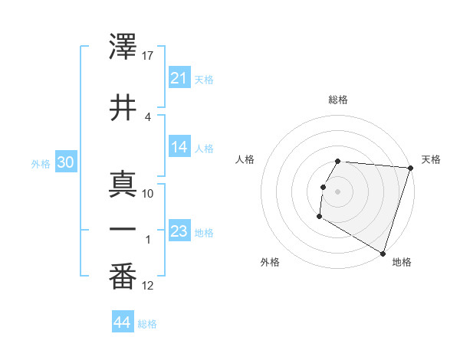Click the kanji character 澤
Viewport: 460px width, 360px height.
tap(123, 48)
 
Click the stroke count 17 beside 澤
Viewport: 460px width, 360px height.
tap(149, 56)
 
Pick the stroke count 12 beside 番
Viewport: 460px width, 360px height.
tap(148, 286)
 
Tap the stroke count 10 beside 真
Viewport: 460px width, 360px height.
tap(148, 193)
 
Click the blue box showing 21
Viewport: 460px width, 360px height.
tap(179, 78)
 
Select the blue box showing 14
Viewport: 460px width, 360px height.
tap(179, 147)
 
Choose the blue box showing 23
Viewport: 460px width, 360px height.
tap(179, 231)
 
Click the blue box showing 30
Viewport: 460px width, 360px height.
tap(65, 162)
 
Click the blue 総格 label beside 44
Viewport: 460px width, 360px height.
tap(147, 324)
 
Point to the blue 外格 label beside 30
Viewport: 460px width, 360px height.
tap(41, 163)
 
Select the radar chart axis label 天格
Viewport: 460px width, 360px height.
tap(431, 159)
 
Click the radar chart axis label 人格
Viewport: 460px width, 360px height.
tap(245, 159)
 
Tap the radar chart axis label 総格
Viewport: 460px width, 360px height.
tap(338, 100)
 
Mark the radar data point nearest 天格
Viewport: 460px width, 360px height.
tap(410, 168)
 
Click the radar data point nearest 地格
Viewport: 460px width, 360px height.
tap(383, 254)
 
